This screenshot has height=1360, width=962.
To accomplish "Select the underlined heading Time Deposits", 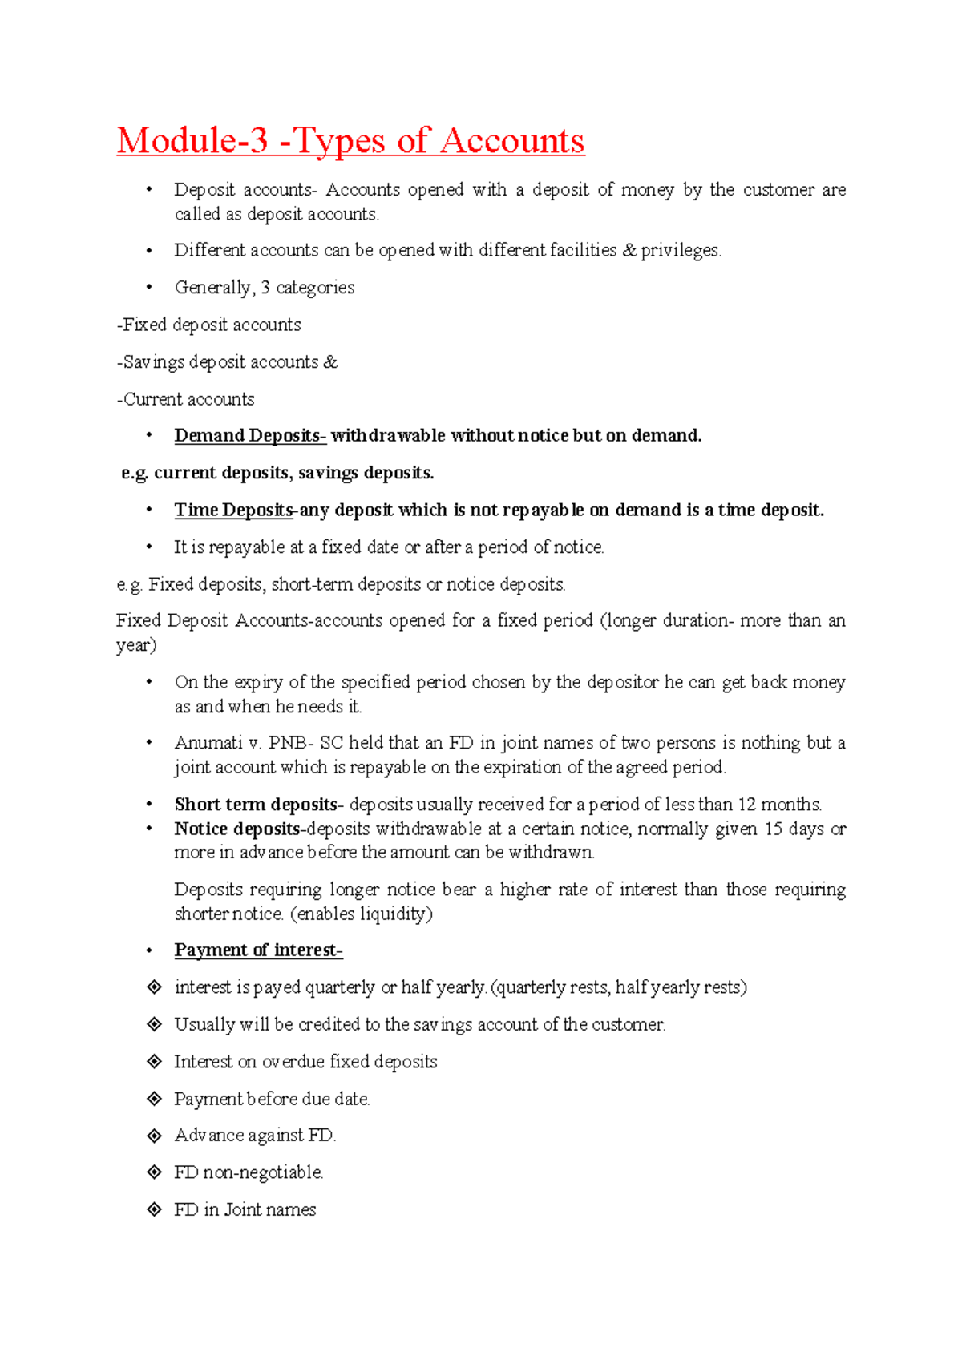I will coord(233,510).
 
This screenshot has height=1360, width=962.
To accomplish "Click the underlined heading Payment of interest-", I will coord(258,950).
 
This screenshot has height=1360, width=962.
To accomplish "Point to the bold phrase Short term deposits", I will coord(255,804).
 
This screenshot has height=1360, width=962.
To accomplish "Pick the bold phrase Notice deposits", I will coord(237,829).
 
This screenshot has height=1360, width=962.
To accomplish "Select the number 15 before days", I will coord(773,829).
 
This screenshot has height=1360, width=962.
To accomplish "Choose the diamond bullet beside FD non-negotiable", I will coord(155,1172).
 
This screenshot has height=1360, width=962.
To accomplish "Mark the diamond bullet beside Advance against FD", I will coord(155,1135).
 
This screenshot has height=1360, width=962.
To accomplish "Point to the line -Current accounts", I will coord(185,399).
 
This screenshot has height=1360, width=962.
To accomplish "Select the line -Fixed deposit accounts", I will coord(208,325).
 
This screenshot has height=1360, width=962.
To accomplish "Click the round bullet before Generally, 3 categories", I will coord(148,287).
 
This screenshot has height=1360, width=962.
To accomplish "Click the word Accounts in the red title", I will coord(512,141).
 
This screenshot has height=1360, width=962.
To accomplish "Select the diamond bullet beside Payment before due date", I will coord(155,1098).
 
